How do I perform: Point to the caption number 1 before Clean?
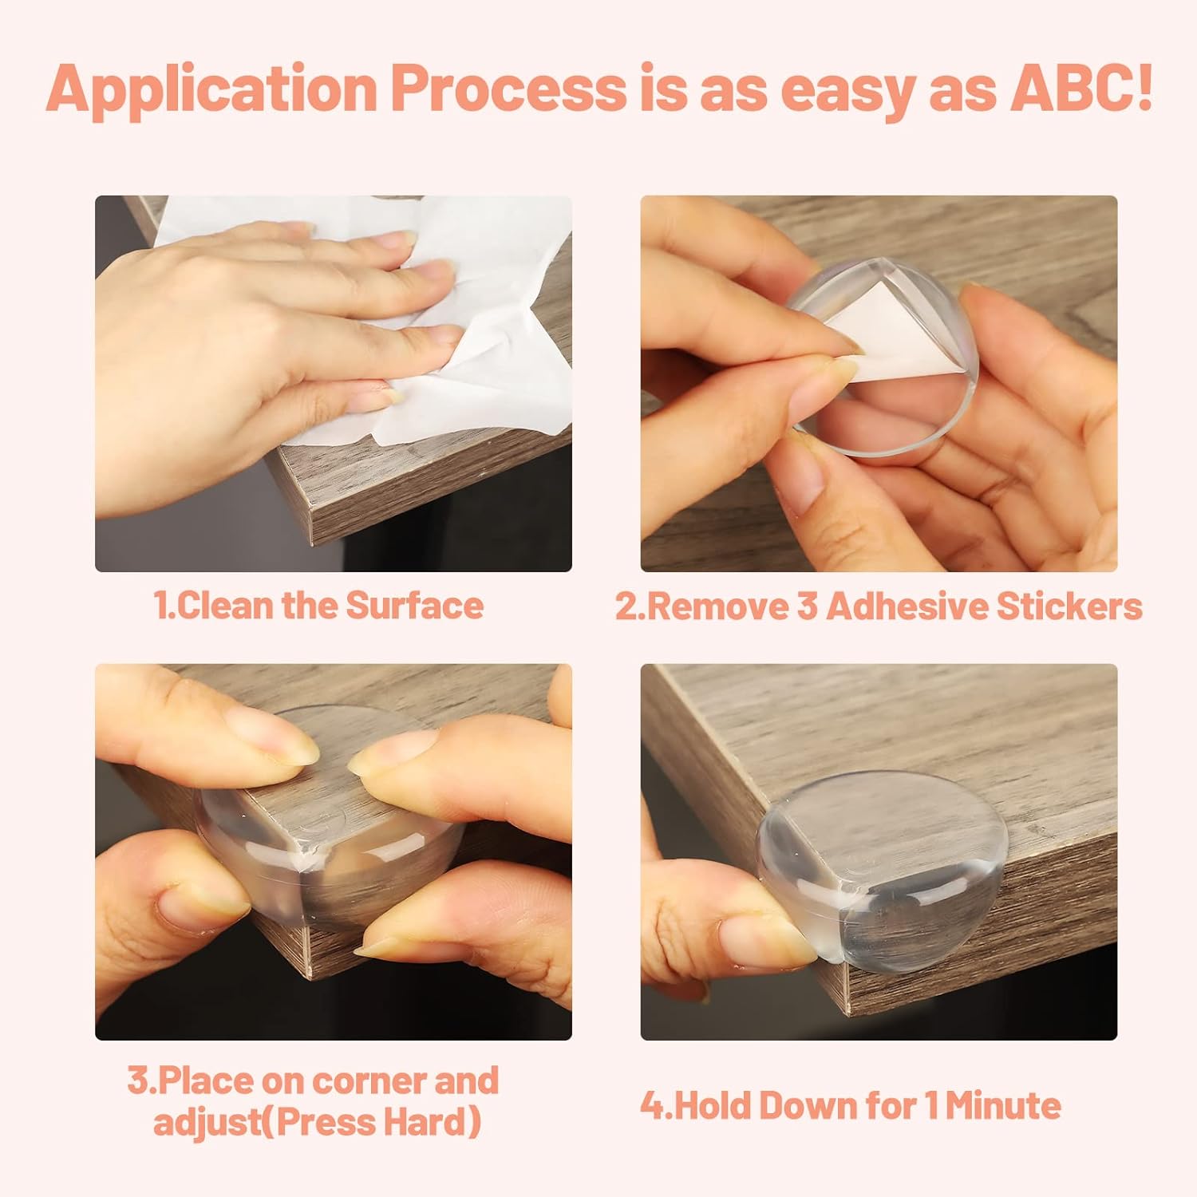click(162, 606)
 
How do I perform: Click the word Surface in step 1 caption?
click(413, 606)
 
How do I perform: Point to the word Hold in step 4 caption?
click(712, 1106)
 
